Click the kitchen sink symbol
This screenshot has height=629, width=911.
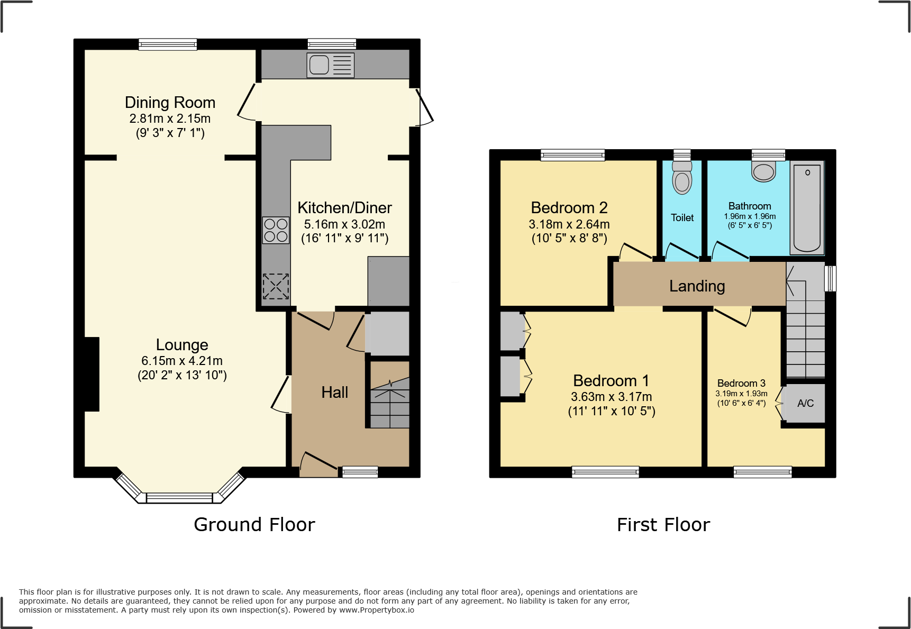point(331,65)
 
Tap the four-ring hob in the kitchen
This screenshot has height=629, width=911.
point(276,230)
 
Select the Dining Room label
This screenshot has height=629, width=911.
point(170,102)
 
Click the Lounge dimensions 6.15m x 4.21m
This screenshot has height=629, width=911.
point(181,361)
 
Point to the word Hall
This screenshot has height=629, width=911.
point(334,392)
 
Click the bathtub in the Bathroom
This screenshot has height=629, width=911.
point(807,208)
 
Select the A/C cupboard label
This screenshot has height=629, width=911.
point(805,403)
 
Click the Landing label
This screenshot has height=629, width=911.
point(697,286)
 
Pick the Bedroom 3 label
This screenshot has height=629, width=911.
point(741,383)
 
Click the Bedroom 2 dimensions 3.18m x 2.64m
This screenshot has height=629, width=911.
point(569,224)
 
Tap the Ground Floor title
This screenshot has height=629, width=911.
point(254,524)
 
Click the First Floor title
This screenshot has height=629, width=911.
point(663,524)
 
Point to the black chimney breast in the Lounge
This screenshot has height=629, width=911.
point(92,374)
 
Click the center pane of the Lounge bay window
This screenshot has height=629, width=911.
point(179,497)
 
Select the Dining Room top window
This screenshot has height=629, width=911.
point(168,44)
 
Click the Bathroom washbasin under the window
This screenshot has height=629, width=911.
point(763,172)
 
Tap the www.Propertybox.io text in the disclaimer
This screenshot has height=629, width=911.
point(376,610)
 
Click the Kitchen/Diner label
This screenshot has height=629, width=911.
point(344,207)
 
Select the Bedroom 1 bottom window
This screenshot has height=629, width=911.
point(605,471)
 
